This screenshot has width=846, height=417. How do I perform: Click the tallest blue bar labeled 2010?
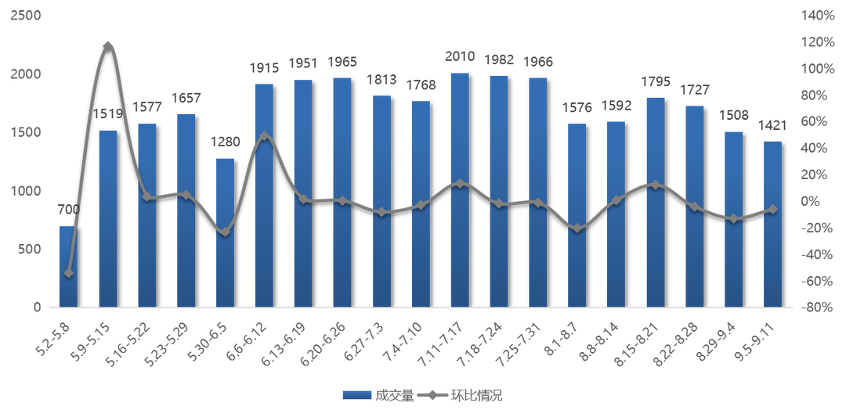(x=460, y=188)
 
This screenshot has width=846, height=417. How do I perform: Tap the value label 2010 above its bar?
(x=460, y=56)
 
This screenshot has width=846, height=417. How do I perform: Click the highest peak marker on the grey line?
(x=108, y=45)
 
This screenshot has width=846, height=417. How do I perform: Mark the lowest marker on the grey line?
(x=69, y=273)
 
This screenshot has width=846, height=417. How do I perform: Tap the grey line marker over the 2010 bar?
(x=460, y=184)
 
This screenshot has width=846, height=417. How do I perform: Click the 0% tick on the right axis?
(x=811, y=201)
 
